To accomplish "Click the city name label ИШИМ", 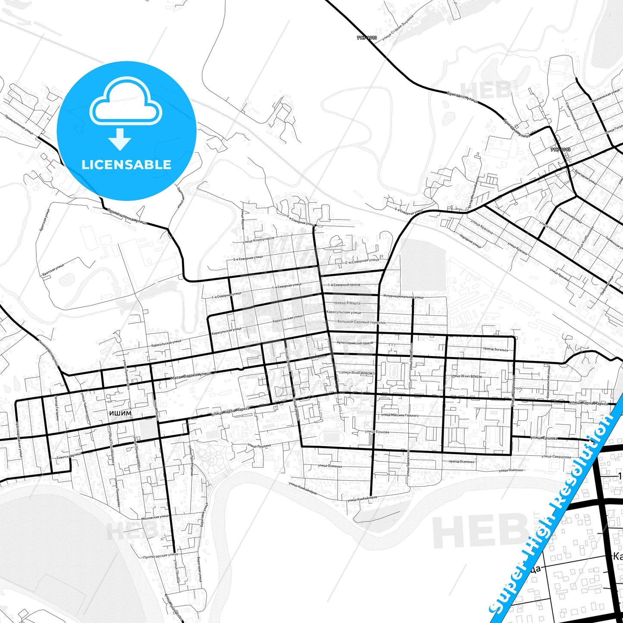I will pos(120,413).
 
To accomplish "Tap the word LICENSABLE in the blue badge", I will pos(126,164).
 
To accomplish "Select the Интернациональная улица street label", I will pos(403,297).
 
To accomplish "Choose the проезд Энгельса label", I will pos(495,349).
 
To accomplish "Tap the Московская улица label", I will pos(155,517).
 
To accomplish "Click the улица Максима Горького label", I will pos(400,415).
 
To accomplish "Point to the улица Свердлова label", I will pos(556,456).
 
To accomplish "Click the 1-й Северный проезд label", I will pos(344,285).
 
